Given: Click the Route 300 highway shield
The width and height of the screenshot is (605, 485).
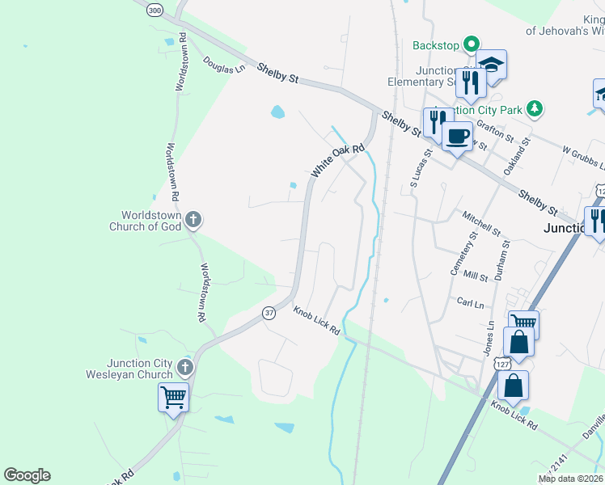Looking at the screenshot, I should pyautogui.click(x=155, y=10).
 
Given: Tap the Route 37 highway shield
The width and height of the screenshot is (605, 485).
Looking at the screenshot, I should pyautogui.click(x=269, y=312).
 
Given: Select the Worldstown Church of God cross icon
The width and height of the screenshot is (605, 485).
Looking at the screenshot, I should pyautogui.click(x=192, y=219).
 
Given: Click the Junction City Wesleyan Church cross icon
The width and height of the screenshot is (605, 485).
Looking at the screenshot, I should pyautogui.click(x=185, y=368).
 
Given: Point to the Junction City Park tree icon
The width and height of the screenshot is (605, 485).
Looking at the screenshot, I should pyautogui.click(x=533, y=108).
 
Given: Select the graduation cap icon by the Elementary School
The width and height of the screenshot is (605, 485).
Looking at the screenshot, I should pyautogui.click(x=491, y=63).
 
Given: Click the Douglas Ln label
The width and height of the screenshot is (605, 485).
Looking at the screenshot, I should pyautogui.click(x=224, y=65).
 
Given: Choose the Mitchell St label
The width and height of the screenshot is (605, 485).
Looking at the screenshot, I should pyautogui.click(x=482, y=222).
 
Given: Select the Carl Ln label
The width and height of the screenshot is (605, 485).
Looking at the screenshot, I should pyautogui.click(x=470, y=303).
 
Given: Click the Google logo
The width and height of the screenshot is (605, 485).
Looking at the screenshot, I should pyautogui.click(x=27, y=475).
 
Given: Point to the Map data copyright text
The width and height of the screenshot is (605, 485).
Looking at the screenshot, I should pyautogui.click(x=570, y=479).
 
